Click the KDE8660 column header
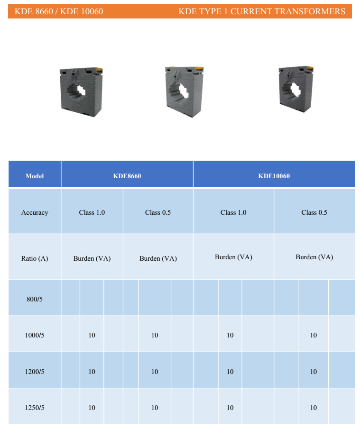(x=127, y=176)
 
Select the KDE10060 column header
(x=274, y=176)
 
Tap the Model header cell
(x=35, y=176)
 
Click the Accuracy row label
(x=35, y=213)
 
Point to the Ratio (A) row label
(x=35, y=258)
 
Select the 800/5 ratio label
(x=35, y=299)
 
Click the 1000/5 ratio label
(x=35, y=335)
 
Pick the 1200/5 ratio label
(x=35, y=372)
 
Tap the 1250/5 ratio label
(x=35, y=408)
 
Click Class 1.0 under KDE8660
(x=92, y=213)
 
